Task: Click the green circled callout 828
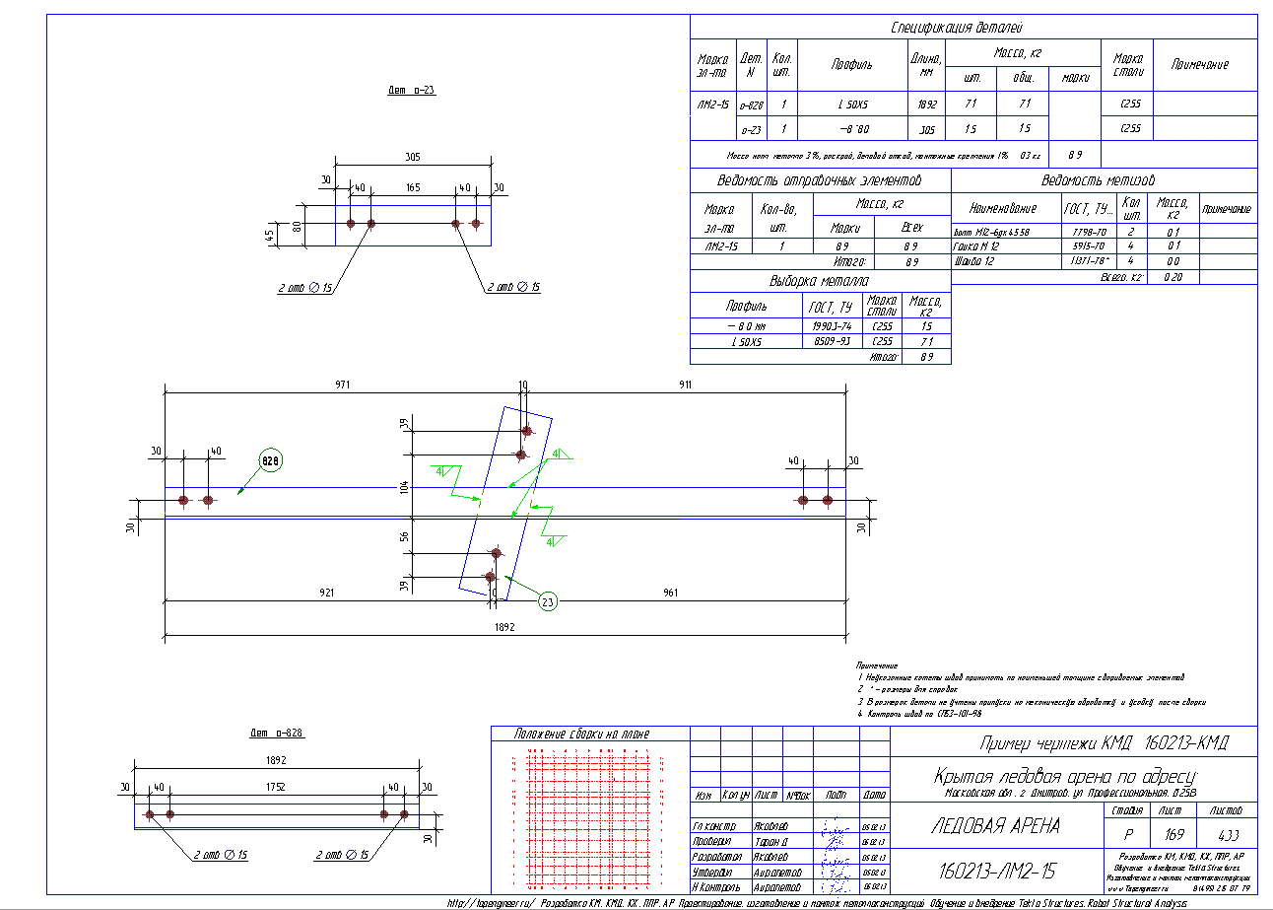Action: point(271,460)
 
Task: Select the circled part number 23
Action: point(548,598)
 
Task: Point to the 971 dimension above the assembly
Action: point(343,384)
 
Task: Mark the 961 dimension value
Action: point(670,593)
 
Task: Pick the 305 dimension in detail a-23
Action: point(413,157)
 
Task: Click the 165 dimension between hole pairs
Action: point(413,186)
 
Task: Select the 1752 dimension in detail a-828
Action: point(275,787)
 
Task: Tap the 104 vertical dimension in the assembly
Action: point(403,487)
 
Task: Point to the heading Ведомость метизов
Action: point(1098,180)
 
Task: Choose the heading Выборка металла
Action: point(819,281)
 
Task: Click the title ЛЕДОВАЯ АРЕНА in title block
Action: point(995,827)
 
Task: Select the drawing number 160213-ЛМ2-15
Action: point(994,872)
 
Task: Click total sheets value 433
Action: point(1227,833)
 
